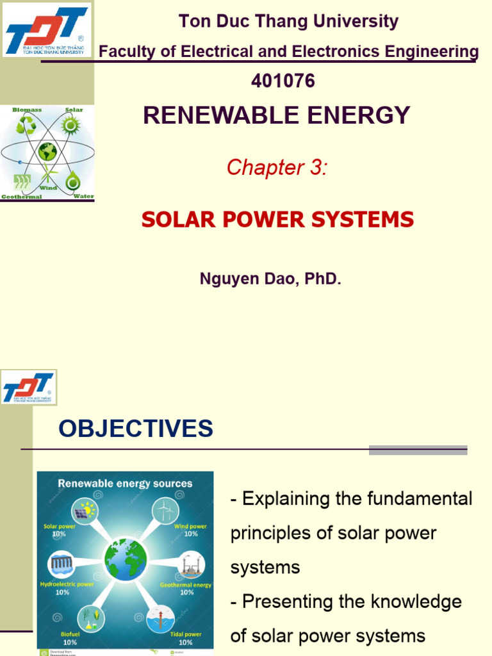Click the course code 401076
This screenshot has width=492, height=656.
pyautogui.click(x=283, y=81)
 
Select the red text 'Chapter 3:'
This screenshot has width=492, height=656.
pyautogui.click(x=277, y=167)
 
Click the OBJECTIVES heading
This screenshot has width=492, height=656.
pyautogui.click(x=136, y=429)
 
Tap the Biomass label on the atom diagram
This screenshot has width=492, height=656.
pyautogui.click(x=27, y=110)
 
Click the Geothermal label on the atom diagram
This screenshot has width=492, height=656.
pyautogui.click(x=21, y=197)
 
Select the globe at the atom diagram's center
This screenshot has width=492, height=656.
pyautogui.click(x=47, y=152)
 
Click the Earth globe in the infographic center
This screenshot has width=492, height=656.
pyautogui.click(x=126, y=559)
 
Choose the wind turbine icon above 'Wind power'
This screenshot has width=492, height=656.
pyautogui.click(x=165, y=511)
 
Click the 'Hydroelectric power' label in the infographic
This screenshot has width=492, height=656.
pyautogui.click(x=67, y=584)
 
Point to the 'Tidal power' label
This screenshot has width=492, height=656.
pyautogui.click(x=185, y=634)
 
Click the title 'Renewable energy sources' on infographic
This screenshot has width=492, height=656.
pyautogui.click(x=126, y=483)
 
